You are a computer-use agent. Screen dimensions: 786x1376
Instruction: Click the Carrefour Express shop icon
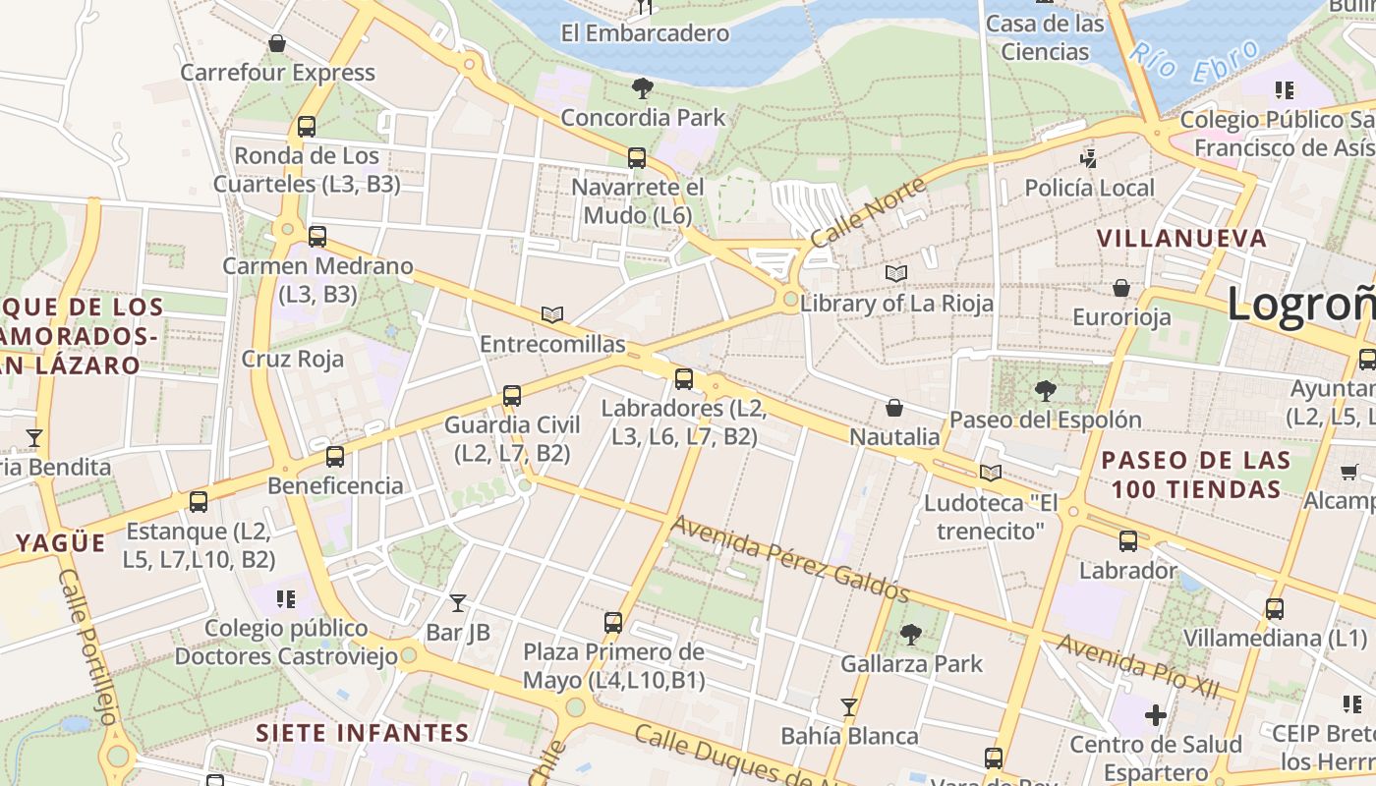click(x=277, y=43)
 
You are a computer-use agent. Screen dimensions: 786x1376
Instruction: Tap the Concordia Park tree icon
click(x=643, y=88)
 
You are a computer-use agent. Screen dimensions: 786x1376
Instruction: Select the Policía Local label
click(x=1089, y=188)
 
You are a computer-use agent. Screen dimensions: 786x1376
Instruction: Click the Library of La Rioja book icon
click(x=895, y=273)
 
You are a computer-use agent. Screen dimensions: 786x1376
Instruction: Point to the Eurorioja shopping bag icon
click(x=1120, y=288)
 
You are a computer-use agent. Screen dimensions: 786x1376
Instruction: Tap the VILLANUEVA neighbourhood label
click(x=1181, y=238)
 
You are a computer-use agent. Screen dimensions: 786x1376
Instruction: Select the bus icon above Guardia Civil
click(x=511, y=396)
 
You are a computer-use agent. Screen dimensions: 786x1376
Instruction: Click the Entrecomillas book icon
click(x=552, y=314)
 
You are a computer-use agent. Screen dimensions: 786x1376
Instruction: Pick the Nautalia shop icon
click(x=894, y=407)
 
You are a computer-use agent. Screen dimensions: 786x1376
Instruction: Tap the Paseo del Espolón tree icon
click(x=1045, y=391)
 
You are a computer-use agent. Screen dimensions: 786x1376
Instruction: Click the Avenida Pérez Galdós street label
click(x=789, y=558)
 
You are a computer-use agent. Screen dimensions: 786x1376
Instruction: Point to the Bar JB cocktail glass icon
click(x=458, y=602)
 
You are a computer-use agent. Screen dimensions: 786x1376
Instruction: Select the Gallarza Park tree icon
click(x=911, y=635)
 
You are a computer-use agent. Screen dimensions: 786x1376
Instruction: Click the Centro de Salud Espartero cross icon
click(x=1155, y=714)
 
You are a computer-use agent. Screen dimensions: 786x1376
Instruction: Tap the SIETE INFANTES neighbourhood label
click(x=363, y=733)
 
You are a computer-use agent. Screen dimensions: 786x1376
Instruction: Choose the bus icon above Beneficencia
click(x=335, y=456)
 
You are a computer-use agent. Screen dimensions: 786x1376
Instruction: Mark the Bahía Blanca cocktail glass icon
click(x=849, y=706)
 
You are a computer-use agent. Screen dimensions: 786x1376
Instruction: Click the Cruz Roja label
click(x=293, y=359)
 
